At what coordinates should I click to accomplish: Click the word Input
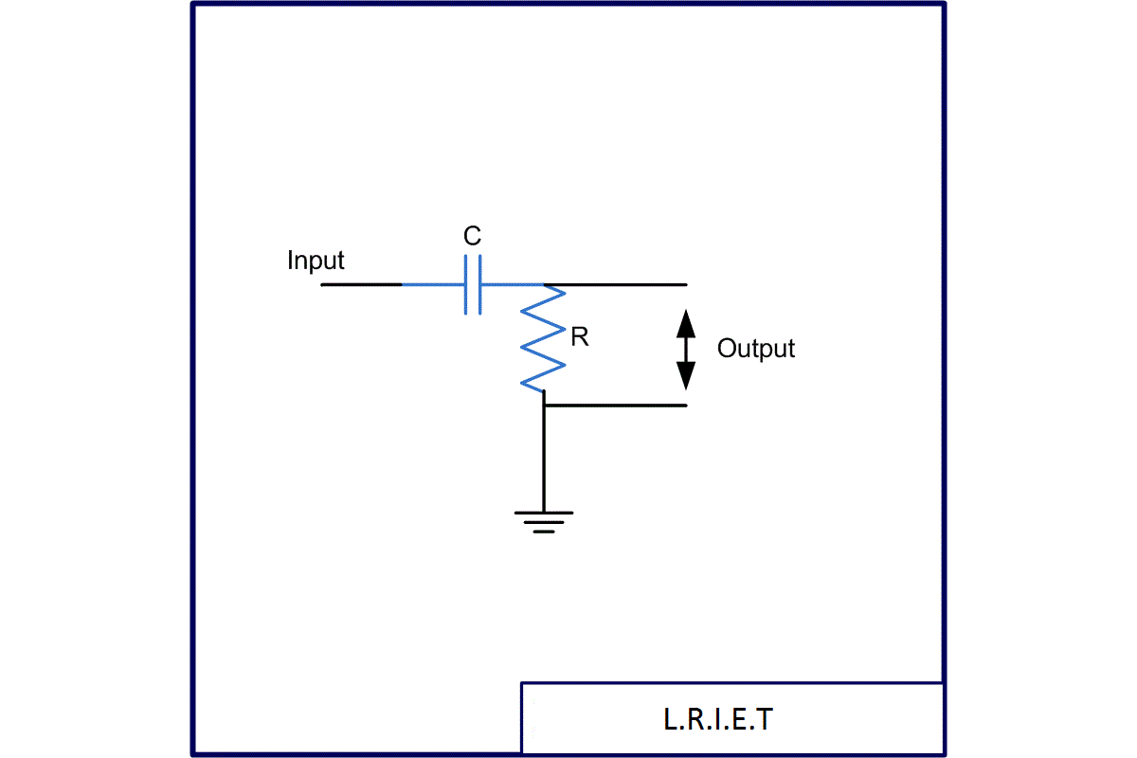click(x=316, y=261)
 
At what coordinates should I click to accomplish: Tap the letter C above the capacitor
click(x=472, y=237)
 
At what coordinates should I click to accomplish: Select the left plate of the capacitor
click(x=466, y=284)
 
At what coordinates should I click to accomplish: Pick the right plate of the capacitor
click(x=480, y=284)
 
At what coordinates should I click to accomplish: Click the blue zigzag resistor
click(x=544, y=337)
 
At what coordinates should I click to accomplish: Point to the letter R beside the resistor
click(x=580, y=337)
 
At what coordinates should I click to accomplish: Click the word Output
click(x=755, y=349)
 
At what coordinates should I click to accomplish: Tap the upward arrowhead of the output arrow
click(x=686, y=322)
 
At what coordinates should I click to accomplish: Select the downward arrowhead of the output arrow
click(x=686, y=376)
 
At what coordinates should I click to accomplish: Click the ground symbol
click(x=544, y=522)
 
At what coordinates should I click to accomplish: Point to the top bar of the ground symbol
click(x=544, y=513)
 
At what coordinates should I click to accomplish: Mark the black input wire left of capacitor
click(x=360, y=284)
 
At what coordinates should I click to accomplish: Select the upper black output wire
click(x=625, y=284)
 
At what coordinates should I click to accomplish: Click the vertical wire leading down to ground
click(x=544, y=460)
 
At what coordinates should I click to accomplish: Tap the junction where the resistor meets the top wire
click(x=545, y=284)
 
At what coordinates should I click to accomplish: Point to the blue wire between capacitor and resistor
click(x=512, y=284)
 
